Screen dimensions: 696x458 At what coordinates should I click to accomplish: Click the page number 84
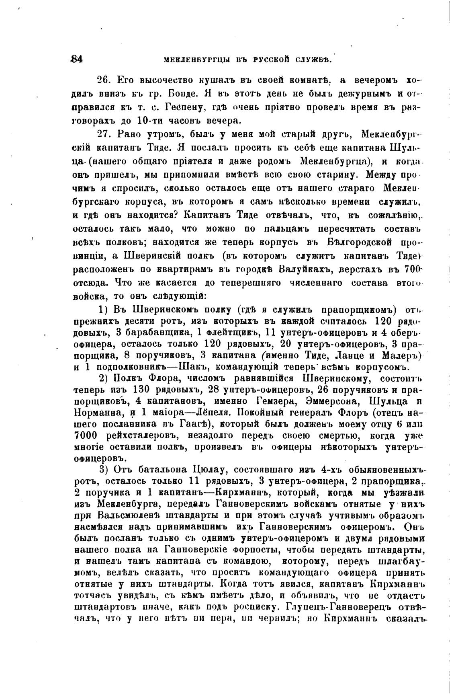[76, 59]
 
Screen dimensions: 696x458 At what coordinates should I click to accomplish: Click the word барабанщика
[151, 333]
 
